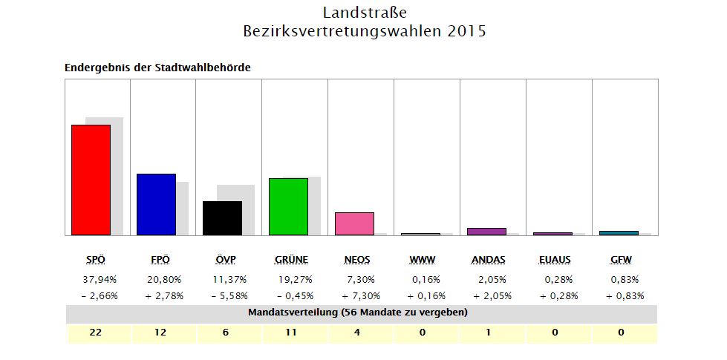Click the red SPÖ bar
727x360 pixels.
point(91,180)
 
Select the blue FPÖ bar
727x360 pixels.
point(156,204)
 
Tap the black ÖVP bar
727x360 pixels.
point(222,217)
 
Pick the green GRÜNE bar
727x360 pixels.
point(288,206)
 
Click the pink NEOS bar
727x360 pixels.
point(354,223)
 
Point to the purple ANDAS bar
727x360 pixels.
point(486,232)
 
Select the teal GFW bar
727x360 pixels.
point(619,233)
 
